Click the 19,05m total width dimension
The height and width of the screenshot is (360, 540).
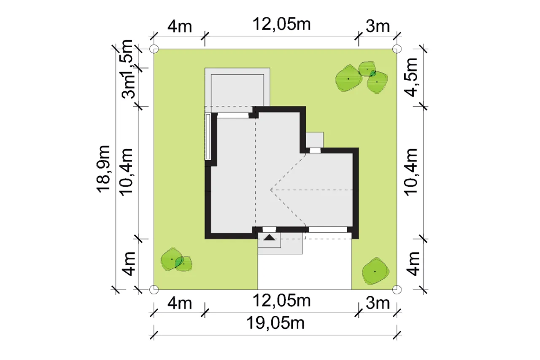[x=275, y=323]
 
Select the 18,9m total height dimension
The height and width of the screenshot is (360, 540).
[x=103, y=169]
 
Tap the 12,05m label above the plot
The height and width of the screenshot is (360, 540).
[x=281, y=24]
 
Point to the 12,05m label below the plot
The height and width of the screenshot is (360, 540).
[x=281, y=301]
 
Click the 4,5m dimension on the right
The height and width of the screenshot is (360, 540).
[x=411, y=77]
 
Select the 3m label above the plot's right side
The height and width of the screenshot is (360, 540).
[x=378, y=26]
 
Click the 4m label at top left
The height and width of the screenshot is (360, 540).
[x=180, y=26]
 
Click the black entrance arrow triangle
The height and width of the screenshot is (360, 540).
[x=269, y=237]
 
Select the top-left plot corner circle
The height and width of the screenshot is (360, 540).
[x=154, y=49]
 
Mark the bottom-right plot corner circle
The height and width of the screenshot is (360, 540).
[x=397, y=290]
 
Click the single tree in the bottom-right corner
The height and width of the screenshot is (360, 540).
[x=375, y=271]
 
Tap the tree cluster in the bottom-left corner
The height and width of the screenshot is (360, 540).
[x=176, y=260]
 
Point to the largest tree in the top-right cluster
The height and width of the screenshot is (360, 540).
[x=348, y=78]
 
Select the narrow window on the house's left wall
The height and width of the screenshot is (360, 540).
[x=208, y=137]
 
